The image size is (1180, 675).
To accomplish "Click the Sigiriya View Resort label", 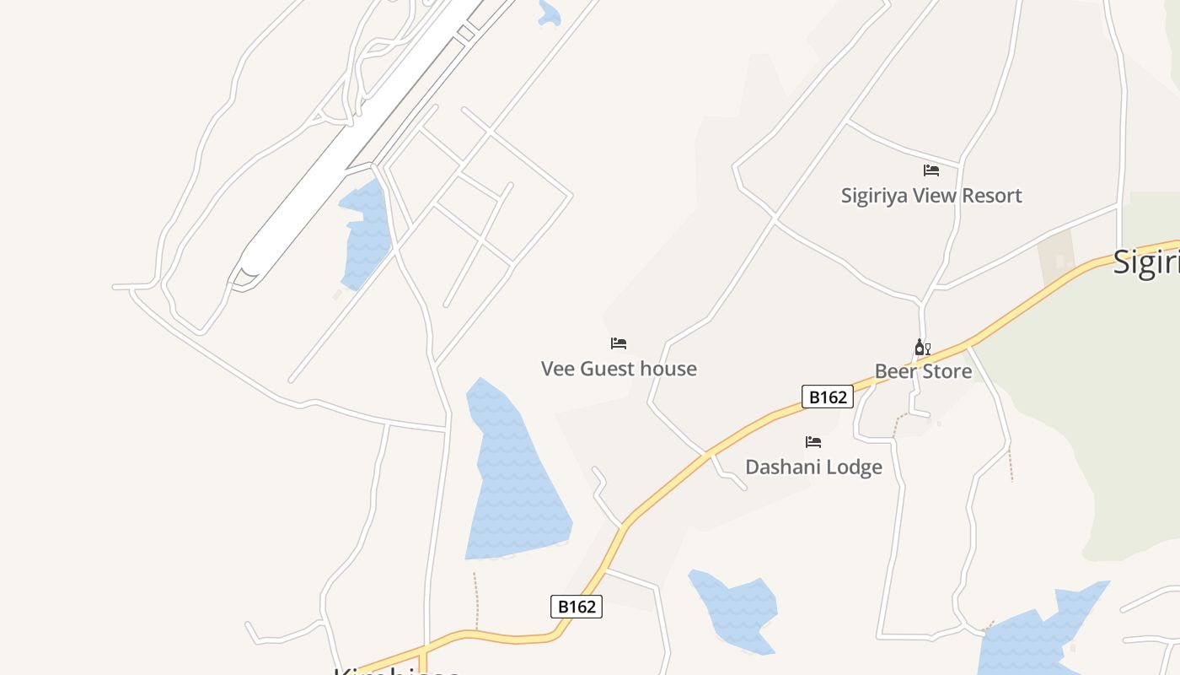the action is click(x=931, y=196).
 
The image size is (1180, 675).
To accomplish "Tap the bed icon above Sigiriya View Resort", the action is click(x=931, y=170).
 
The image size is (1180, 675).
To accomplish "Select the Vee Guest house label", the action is click(x=619, y=369).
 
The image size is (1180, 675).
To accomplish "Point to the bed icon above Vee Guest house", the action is click(x=619, y=343).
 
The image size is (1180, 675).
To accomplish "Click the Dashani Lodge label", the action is click(x=813, y=467).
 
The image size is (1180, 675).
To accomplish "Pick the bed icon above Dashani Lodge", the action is click(x=813, y=441).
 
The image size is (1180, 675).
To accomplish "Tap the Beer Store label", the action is click(x=923, y=371).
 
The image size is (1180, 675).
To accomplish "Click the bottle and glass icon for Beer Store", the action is click(x=923, y=348).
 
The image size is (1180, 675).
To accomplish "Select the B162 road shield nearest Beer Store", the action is click(x=828, y=397).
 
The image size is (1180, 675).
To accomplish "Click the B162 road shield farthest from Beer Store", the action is click(x=577, y=606).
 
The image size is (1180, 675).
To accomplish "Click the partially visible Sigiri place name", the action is click(x=1146, y=262).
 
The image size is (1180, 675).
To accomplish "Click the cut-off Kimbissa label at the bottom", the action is click(x=396, y=670).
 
